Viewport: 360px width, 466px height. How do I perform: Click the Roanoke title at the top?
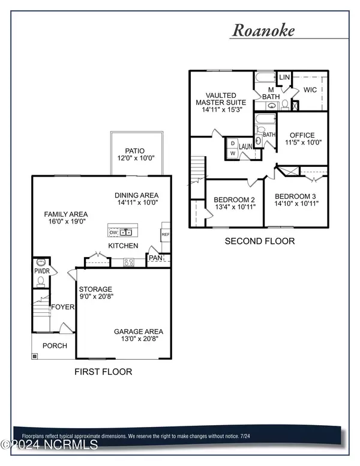coord(263,30)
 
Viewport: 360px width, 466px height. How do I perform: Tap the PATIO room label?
coord(135,151)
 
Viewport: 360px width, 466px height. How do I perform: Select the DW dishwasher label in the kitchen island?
coord(113,232)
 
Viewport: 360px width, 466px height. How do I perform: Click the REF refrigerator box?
coord(166,234)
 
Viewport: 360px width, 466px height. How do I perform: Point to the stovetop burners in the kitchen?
coord(128,262)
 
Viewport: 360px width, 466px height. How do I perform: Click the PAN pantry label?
coord(155,258)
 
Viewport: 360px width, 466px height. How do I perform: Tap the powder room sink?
coord(41,262)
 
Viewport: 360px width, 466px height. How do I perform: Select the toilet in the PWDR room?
coord(41,281)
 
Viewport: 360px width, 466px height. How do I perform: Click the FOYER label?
coord(62,307)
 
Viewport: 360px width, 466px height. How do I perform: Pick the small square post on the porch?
coord(35,356)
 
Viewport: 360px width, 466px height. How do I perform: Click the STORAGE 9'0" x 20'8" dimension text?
coord(97,296)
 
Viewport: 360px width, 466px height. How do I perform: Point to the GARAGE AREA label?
coord(139,331)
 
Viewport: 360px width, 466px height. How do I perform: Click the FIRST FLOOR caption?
coord(103,372)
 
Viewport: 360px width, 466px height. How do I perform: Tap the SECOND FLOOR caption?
coord(260,241)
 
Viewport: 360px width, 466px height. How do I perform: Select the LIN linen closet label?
coord(284,77)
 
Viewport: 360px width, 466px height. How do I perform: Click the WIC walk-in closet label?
coord(310,89)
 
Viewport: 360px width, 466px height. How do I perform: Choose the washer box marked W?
coord(233,153)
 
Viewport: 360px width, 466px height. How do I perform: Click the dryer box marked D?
coord(233,144)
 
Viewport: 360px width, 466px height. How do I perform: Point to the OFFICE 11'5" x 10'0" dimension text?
coord(303,142)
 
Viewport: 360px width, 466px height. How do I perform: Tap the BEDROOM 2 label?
coord(235,200)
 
